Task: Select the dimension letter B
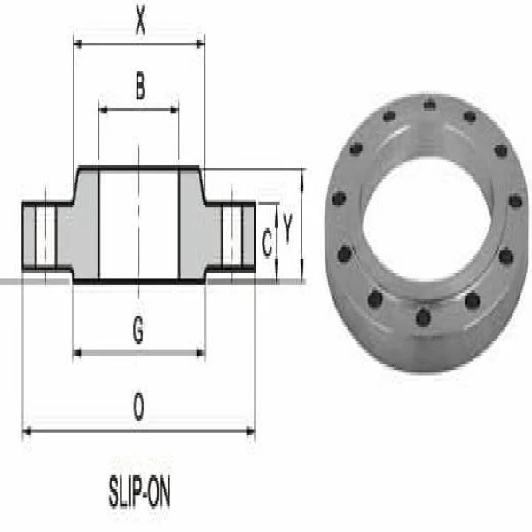[x=139, y=87]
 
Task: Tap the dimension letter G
[x=138, y=330]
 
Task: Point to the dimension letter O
[x=138, y=409]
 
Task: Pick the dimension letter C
[x=267, y=243]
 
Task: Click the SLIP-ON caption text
[x=139, y=494]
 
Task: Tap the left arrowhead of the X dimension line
[x=77, y=42]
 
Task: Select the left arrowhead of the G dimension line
[x=77, y=353]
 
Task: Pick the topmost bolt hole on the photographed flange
[x=430, y=104]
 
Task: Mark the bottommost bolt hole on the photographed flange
[x=423, y=317]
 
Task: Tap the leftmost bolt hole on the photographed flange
[x=338, y=199]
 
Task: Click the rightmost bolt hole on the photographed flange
[x=515, y=201]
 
